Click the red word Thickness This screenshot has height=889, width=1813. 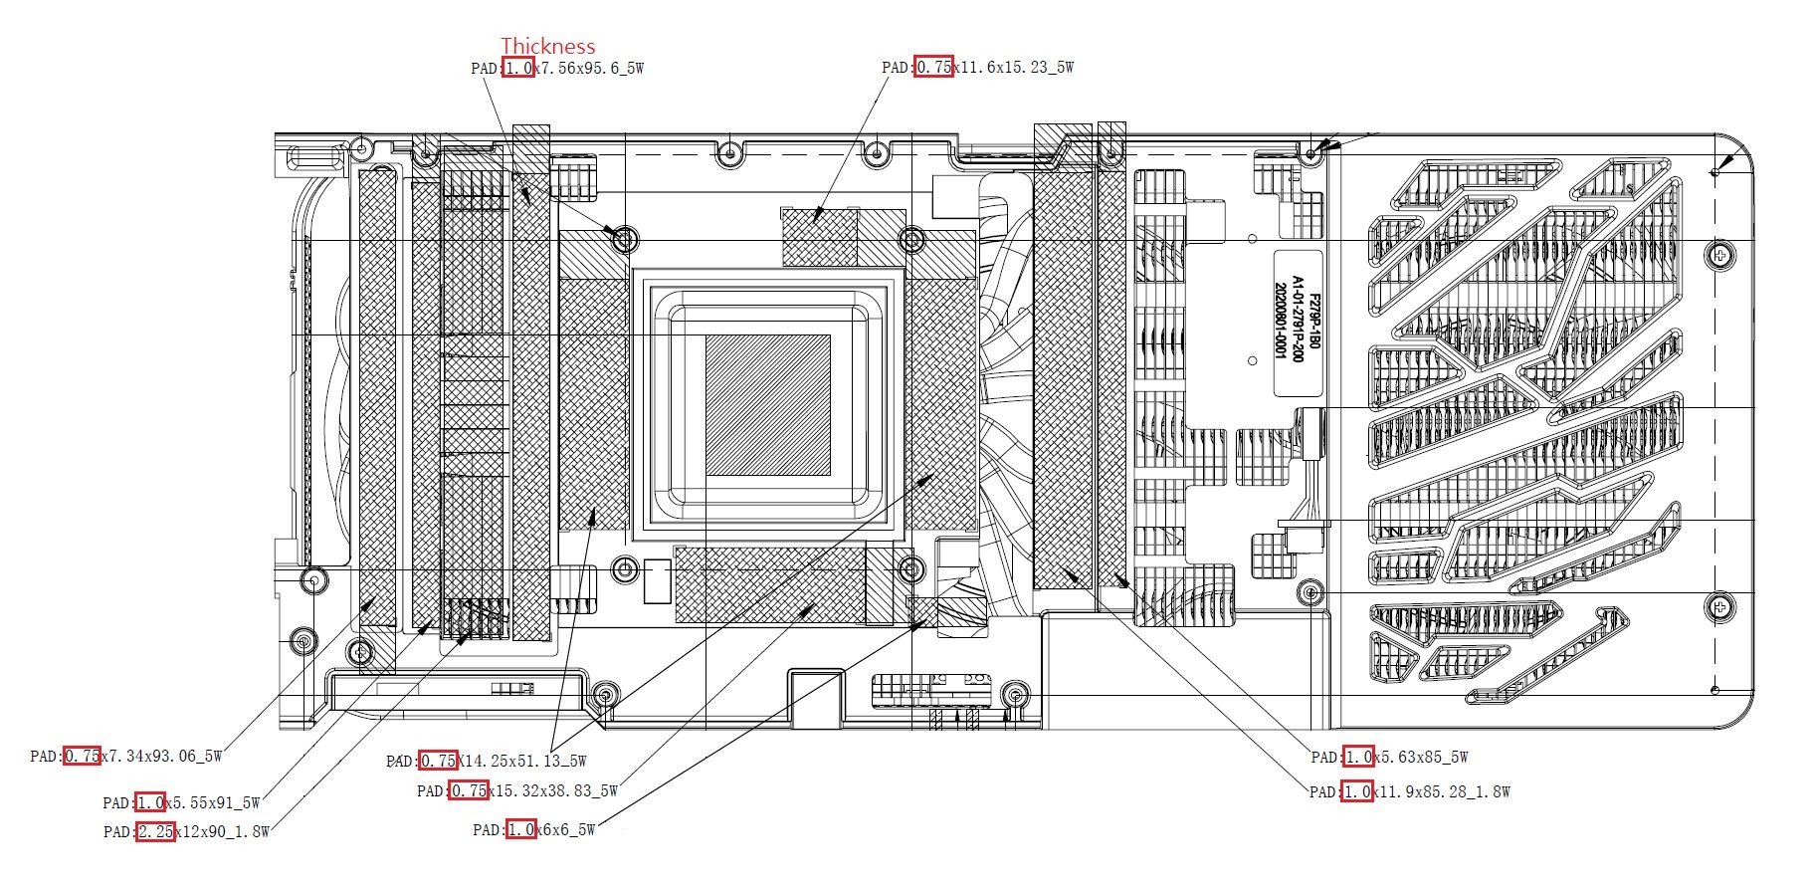547,46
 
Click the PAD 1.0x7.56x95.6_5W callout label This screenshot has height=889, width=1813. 557,68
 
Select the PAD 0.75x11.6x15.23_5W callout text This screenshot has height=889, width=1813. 977,67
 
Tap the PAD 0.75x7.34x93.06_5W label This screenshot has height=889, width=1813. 126,756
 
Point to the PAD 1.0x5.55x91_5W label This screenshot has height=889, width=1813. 181,802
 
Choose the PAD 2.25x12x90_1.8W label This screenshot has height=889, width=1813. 186,831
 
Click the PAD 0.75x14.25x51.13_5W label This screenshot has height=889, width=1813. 487,761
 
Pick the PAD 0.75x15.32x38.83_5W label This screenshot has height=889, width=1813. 517,790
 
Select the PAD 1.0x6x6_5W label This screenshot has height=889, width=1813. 534,829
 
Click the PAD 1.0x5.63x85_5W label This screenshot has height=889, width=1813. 1389,757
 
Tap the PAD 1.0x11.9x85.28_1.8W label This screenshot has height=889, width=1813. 1410,791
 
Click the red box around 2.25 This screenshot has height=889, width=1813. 155,831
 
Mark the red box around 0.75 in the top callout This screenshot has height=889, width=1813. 933,67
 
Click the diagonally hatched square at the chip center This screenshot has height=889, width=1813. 767,404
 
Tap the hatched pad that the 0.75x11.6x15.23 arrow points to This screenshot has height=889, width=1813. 819,237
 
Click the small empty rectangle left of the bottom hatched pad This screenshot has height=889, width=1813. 657,581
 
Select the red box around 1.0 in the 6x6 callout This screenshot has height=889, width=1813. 520,829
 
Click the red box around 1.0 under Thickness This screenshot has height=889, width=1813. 517,68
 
